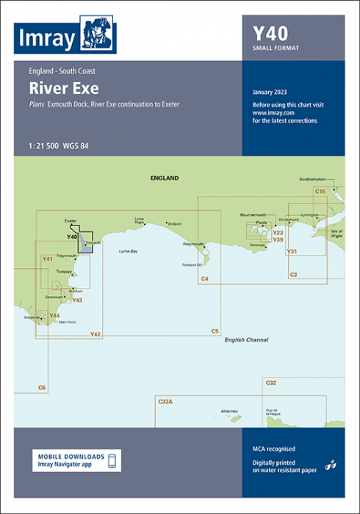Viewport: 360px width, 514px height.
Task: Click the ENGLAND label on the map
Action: click(164, 178)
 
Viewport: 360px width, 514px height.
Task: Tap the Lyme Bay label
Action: click(129, 252)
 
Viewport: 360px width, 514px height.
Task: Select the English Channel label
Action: click(247, 340)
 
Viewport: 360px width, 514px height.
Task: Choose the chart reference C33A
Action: click(165, 402)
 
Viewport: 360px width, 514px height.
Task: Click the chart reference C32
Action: click(271, 383)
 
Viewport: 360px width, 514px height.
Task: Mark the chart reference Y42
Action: click(96, 335)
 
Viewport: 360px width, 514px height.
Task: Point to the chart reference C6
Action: click(42, 387)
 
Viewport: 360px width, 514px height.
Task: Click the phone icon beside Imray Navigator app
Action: click(112, 461)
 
